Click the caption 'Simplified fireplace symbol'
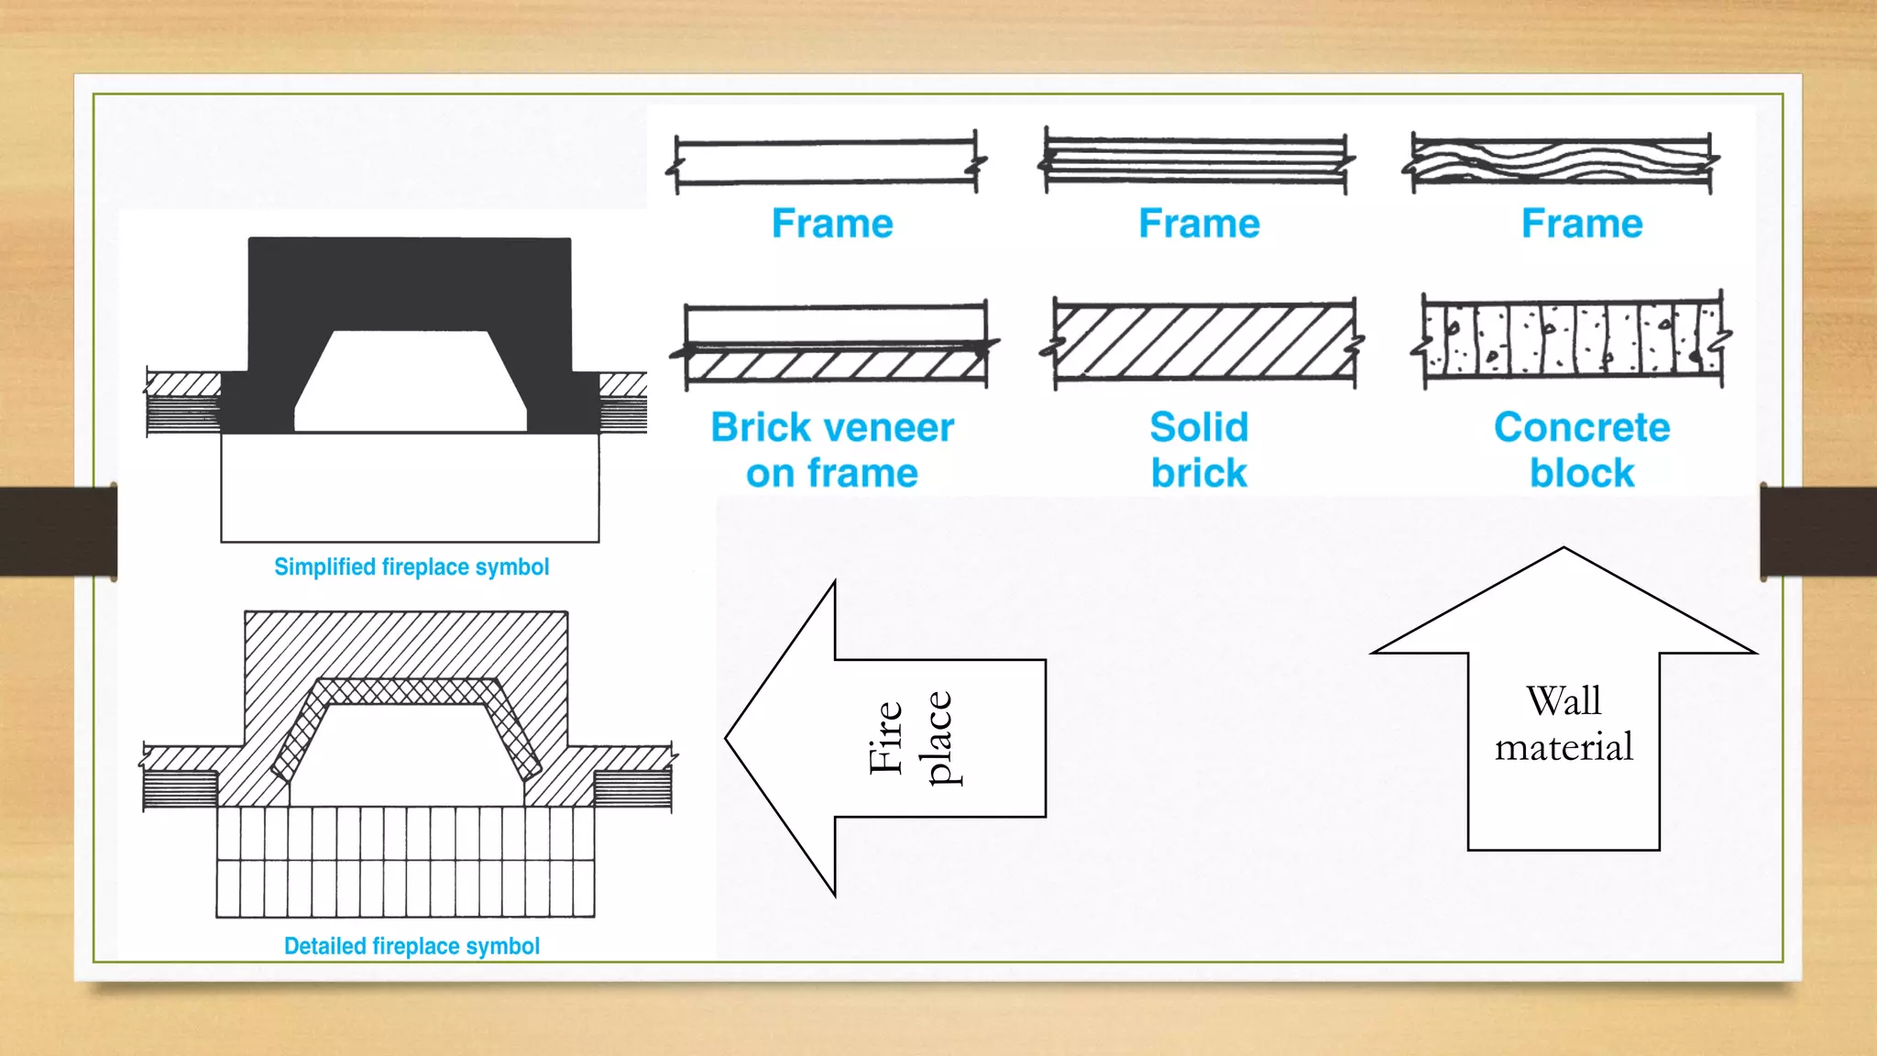[x=412, y=567]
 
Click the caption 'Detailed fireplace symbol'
[x=412, y=946]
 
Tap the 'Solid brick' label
[x=1199, y=450]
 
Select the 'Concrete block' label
[x=1582, y=450]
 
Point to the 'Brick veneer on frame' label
[x=832, y=450]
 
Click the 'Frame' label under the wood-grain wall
[x=1582, y=224]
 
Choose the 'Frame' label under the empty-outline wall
[x=832, y=224]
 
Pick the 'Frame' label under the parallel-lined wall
[x=1199, y=224]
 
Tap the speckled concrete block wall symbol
[x=1572, y=339]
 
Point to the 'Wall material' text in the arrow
[x=1564, y=724]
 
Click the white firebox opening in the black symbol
[x=410, y=385]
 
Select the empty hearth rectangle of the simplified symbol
[x=410, y=487]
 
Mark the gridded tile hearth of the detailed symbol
[x=405, y=862]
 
